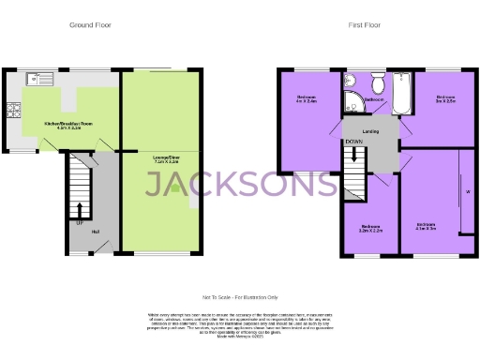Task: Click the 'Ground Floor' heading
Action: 91,25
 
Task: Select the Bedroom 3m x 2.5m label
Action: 444,99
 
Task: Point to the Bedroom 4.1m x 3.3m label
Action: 427,226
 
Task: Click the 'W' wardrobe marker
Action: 468,194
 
